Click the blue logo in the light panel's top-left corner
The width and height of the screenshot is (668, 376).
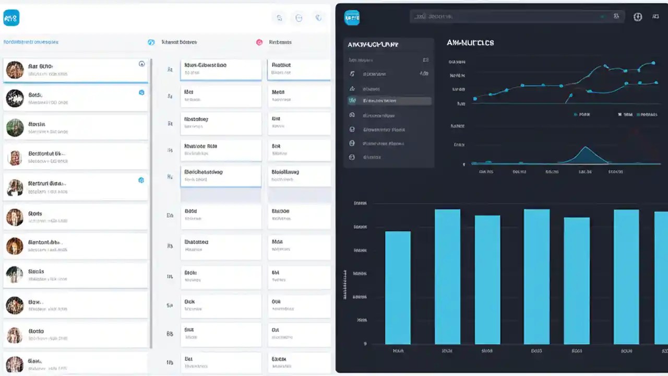pos(11,18)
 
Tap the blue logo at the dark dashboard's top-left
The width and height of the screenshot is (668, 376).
pos(352,18)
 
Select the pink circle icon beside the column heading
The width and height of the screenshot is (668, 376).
pos(259,42)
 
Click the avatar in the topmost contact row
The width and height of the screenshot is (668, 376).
pos(15,70)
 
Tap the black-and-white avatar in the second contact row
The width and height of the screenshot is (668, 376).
pos(15,98)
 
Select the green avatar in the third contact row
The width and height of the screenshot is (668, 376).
pos(15,127)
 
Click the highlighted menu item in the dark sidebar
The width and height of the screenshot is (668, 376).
pos(389,101)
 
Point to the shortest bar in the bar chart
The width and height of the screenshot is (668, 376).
pos(398,287)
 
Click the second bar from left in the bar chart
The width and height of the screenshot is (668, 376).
pos(447,276)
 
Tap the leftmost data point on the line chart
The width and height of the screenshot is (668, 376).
pos(475,98)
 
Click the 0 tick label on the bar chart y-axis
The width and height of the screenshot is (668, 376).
pos(365,344)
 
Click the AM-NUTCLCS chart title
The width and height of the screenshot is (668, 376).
pos(470,43)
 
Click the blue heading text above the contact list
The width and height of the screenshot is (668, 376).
pos(31,42)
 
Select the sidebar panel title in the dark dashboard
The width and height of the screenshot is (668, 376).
pos(373,45)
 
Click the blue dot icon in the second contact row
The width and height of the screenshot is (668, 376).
pos(141,92)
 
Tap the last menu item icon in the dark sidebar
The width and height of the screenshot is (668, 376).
pos(352,157)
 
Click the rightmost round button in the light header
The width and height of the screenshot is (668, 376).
pos(318,18)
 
